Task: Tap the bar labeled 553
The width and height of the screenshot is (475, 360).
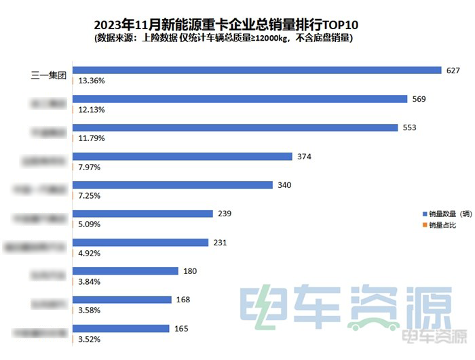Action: click(x=234, y=127)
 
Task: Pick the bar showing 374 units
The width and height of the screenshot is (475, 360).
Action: click(x=182, y=157)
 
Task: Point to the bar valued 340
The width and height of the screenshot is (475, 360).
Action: click(x=172, y=185)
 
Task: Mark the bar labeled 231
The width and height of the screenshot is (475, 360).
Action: click(x=140, y=243)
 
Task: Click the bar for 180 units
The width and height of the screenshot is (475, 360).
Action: click(x=125, y=271)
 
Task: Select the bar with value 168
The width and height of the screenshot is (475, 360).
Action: click(x=121, y=300)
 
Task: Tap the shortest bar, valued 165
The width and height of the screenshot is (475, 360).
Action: click(x=120, y=329)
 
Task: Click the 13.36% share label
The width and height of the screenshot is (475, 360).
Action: click(x=92, y=80)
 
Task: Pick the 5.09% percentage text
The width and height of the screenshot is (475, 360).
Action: click(x=90, y=224)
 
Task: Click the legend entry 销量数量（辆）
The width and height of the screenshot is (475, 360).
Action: click(x=445, y=213)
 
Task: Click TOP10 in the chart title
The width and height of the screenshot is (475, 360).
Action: click(x=335, y=25)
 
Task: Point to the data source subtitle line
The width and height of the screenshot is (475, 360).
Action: click(x=223, y=39)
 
